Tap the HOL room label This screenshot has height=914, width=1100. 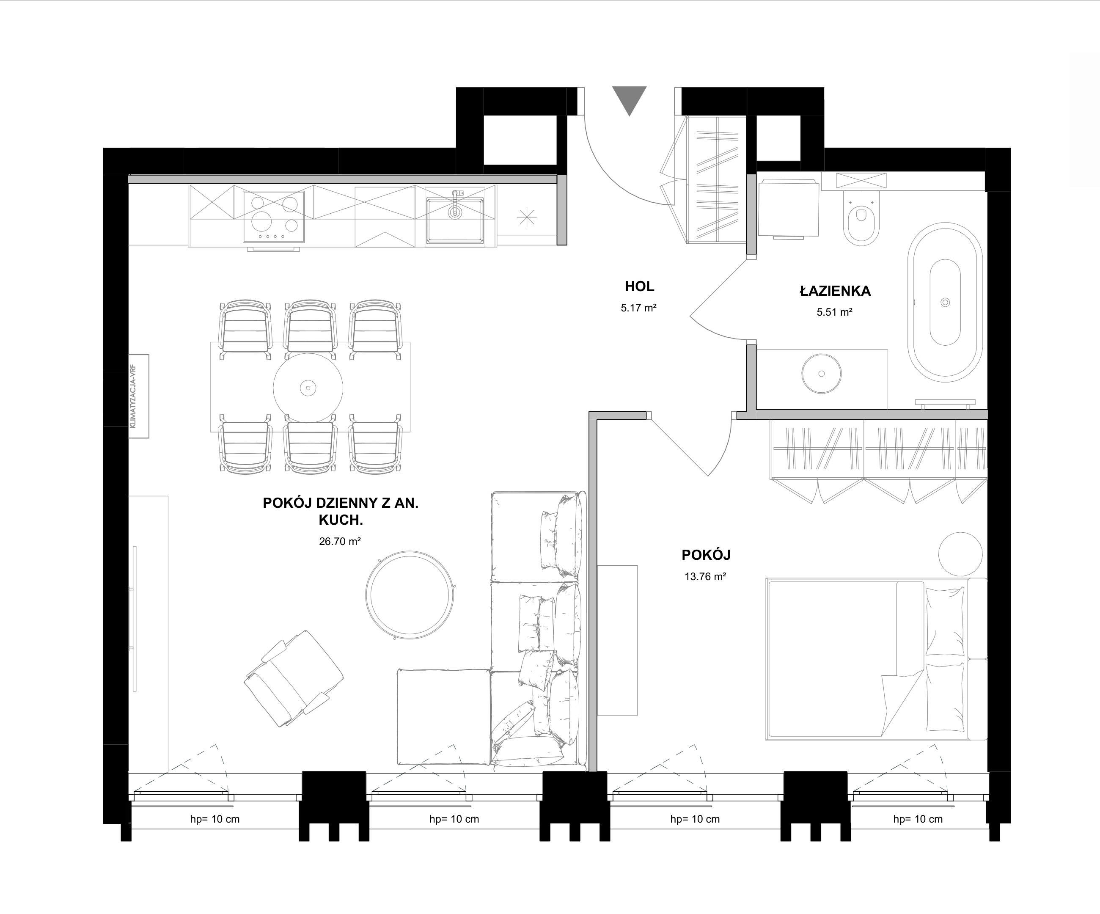click(x=640, y=286)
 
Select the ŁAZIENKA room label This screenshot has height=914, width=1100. click(x=835, y=291)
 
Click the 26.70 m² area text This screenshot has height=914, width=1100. click(x=340, y=542)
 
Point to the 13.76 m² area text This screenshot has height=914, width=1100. click(x=705, y=577)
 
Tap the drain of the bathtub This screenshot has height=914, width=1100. click(x=945, y=302)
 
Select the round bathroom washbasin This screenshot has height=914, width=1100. click(x=821, y=374)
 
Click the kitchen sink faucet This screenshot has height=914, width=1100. click(x=455, y=204)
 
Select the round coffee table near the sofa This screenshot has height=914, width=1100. click(x=410, y=595)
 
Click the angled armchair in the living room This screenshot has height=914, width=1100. click(x=294, y=678)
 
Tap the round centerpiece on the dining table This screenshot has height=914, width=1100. click(x=308, y=388)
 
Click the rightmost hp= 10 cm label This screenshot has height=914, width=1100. click(x=918, y=819)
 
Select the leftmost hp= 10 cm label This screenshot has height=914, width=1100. click(x=215, y=819)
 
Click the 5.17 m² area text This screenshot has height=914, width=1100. click(x=638, y=308)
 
